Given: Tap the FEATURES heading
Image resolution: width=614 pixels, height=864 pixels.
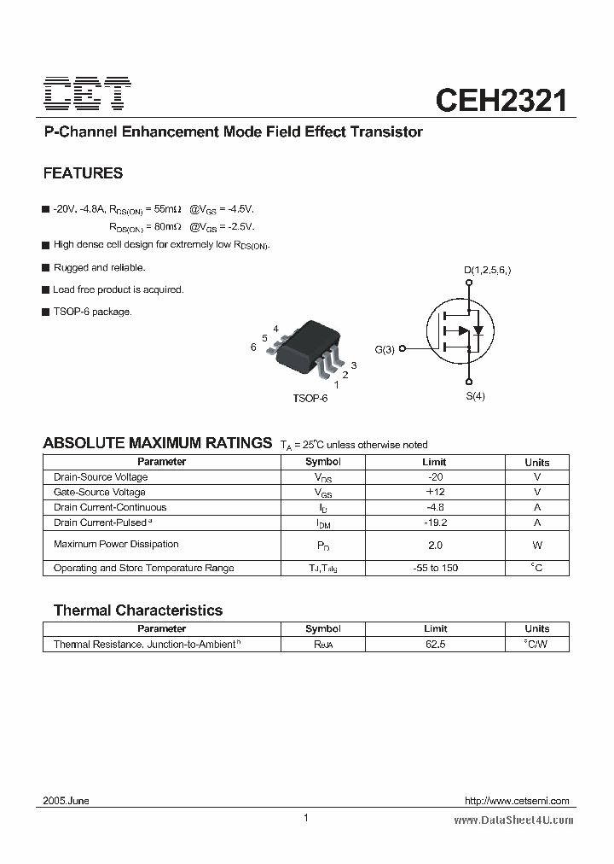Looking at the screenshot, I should pos(83,173).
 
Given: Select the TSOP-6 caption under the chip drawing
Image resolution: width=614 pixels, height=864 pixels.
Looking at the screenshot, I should pos(310,399).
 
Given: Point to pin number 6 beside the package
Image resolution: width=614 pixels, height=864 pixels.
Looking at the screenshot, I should pos(253,347).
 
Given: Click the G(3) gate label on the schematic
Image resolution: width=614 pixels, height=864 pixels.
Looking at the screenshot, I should pos(385,349).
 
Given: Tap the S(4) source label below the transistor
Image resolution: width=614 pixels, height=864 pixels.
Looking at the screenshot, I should pos(475,396).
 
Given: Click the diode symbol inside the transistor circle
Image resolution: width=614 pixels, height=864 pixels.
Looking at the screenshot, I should pos(478,330).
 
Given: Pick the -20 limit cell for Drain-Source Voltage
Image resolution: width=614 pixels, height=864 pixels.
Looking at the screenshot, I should pos(435,477).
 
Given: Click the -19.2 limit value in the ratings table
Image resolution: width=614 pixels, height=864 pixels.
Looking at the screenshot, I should pos(435,522).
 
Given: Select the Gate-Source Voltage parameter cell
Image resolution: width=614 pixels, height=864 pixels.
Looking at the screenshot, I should pos(100,493).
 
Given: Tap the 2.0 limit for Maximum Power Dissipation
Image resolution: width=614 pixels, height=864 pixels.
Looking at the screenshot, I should pos(435,545).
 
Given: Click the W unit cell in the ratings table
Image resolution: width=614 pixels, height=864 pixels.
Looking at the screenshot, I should pos(537,545).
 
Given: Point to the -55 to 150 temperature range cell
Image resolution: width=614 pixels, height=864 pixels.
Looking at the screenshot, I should pos(435,568).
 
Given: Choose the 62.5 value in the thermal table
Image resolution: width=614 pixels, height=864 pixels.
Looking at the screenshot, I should pos(435,644).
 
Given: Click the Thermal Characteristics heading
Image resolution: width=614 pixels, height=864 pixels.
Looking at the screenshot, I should pos(138,610).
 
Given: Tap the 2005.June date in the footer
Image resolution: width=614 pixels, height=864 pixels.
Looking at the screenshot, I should pos(67,801).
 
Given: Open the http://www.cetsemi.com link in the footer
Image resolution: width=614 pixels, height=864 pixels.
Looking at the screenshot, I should pos(517,801).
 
